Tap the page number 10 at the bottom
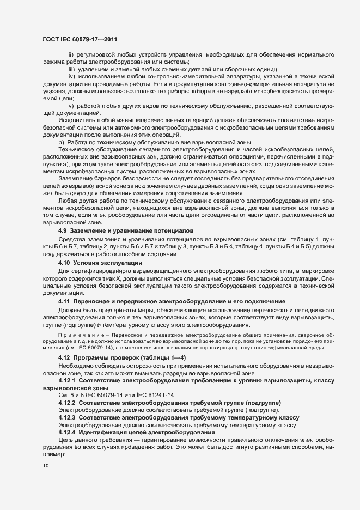(45, 466)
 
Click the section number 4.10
(65, 263)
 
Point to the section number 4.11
(65, 301)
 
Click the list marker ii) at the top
(71, 55)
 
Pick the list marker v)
(71, 105)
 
